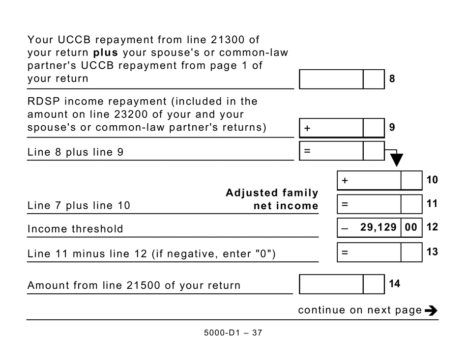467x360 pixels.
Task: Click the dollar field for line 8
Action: click(x=331, y=79)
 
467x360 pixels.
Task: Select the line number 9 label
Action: click(x=392, y=127)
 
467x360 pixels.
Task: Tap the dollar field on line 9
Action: click(x=331, y=128)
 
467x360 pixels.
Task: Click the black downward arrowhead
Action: click(x=396, y=160)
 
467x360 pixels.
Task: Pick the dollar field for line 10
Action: click(x=369, y=181)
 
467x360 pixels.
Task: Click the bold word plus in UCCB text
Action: click(x=106, y=52)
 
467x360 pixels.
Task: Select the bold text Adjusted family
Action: click(x=272, y=193)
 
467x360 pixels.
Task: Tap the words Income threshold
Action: click(x=75, y=229)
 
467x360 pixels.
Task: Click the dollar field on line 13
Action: click(x=369, y=252)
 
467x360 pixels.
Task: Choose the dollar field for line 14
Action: click(x=331, y=284)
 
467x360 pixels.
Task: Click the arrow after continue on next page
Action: click(x=431, y=310)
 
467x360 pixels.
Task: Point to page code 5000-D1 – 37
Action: click(x=233, y=332)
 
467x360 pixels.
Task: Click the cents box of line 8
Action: click(x=374, y=79)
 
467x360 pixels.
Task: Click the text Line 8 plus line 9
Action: click(x=75, y=152)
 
